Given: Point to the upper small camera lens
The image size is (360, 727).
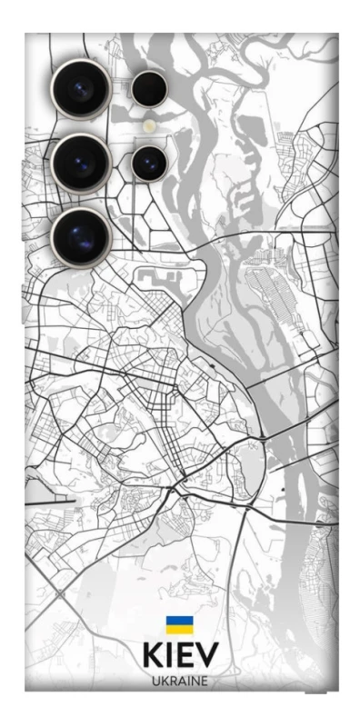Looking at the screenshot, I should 148,89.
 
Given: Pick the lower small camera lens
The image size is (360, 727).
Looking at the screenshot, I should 147,164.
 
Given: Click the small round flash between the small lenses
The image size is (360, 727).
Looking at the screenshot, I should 148,126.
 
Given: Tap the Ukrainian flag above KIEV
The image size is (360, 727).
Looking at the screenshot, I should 179,625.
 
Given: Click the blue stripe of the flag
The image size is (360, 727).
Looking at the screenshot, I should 179,622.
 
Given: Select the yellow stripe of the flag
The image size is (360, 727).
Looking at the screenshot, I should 179,629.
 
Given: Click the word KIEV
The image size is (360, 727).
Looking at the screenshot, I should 180,655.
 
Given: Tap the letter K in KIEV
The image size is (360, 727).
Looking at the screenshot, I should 152,655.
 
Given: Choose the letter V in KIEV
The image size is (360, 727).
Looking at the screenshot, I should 207,655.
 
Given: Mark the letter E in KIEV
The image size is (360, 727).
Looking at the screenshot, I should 186,655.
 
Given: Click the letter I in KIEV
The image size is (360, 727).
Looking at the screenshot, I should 170,655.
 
